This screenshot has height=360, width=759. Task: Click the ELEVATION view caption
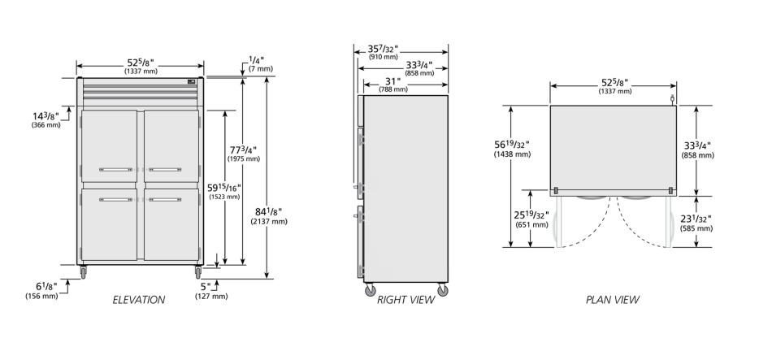point(138,300)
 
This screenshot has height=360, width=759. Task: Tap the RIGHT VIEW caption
point(406,300)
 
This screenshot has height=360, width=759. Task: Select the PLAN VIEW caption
point(613,300)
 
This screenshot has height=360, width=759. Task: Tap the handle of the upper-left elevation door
point(115,170)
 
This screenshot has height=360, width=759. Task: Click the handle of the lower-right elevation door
point(165,199)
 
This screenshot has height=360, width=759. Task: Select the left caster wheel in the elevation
point(83,272)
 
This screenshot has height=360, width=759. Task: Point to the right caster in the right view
point(442,289)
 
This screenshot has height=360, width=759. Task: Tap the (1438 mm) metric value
point(512,154)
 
